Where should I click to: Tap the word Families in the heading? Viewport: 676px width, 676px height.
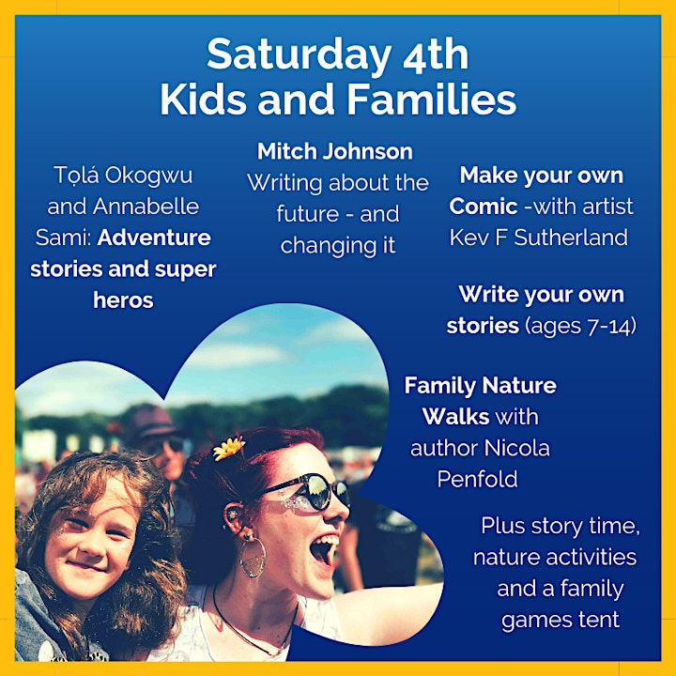coord(432,100)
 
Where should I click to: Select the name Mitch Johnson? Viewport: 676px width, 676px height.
coord(335,152)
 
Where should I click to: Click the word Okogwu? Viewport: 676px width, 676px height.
coord(148,175)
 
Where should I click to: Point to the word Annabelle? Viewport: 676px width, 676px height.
coord(146,206)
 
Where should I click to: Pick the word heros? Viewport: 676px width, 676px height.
coord(123,300)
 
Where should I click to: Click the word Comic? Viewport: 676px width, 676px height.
coord(484,206)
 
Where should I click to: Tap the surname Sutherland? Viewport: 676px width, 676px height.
coord(571,238)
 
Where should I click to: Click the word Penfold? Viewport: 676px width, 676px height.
coord(477,479)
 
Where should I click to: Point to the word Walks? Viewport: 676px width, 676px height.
coord(455,417)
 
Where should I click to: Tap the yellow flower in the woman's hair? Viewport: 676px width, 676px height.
coord(228,448)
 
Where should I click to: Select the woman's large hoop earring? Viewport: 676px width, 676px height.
coord(253,558)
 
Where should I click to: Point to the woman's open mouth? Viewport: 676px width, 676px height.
coord(324,548)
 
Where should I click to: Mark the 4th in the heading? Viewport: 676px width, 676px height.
coord(436,54)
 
